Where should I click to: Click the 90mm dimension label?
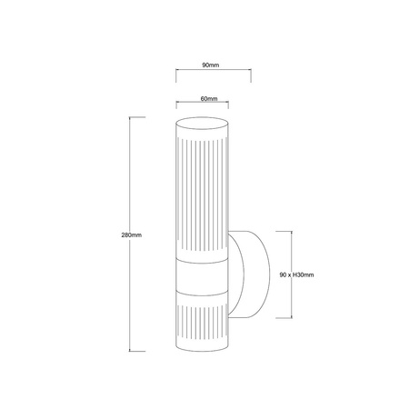tap(210, 65)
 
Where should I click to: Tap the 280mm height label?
tap(132, 234)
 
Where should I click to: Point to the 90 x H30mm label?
tap(296, 274)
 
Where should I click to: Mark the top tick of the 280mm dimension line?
tap(138, 116)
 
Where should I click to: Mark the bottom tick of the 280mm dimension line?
tap(138, 352)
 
